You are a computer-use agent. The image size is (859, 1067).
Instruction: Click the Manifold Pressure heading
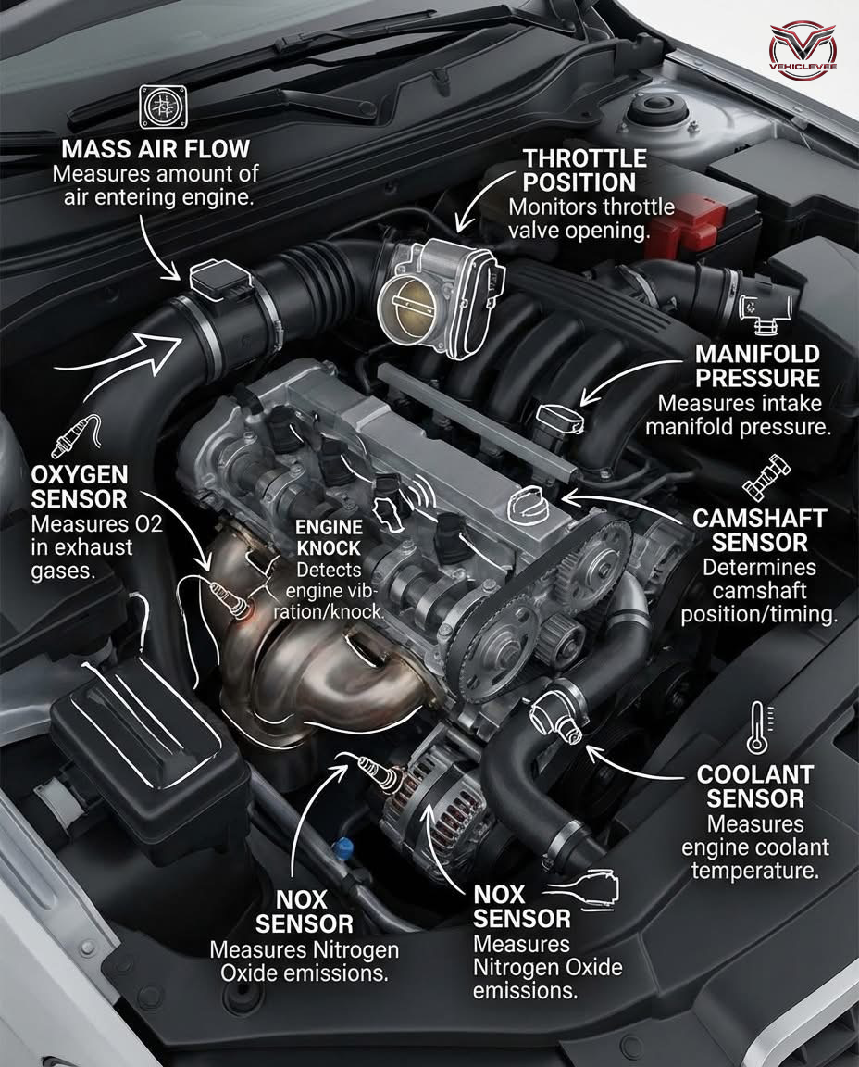click(757, 365)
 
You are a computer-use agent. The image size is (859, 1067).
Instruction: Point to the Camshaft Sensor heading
click(760, 530)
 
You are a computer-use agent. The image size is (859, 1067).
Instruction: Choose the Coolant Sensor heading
click(755, 785)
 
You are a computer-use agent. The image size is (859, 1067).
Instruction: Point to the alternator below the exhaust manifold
click(426, 806)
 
